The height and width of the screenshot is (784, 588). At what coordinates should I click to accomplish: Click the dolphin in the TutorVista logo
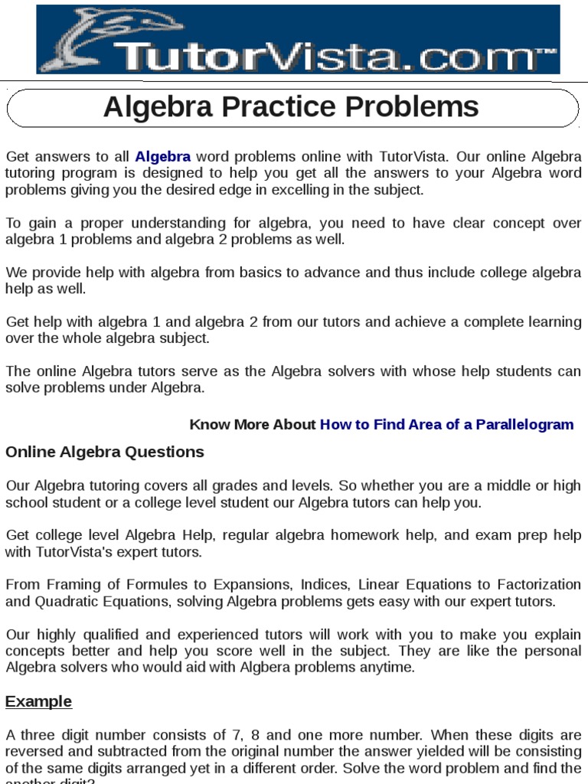[84, 38]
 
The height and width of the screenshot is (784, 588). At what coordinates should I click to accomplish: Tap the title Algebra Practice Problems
[291, 107]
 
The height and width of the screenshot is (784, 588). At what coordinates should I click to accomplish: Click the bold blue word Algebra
[163, 157]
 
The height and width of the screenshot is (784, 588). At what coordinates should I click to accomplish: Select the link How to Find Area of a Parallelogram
[446, 425]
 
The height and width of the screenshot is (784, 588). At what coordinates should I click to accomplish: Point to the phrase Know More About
[252, 425]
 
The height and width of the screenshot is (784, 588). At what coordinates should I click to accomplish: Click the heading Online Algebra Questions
[105, 452]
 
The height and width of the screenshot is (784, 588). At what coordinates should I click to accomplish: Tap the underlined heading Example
[38, 702]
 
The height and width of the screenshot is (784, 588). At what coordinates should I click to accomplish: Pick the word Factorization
[540, 585]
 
